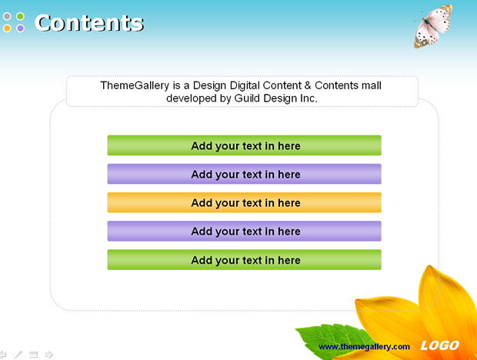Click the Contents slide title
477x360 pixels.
pyautogui.click(x=88, y=23)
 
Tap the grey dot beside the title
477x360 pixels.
pyautogui.click(x=7, y=16)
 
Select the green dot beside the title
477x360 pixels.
pyautogui.click(x=20, y=16)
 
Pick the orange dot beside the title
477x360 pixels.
pyautogui.click(x=7, y=28)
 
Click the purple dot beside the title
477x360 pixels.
pyautogui.click(x=20, y=28)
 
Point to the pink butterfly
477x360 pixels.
pyautogui.click(x=432, y=26)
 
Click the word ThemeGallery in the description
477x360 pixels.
pyautogui.click(x=135, y=85)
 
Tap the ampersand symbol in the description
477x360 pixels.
pyautogui.click(x=308, y=85)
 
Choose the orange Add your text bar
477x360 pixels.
pyautogui.click(x=245, y=202)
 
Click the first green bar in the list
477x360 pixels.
pyautogui.click(x=245, y=145)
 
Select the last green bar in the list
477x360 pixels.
pyautogui.click(x=245, y=260)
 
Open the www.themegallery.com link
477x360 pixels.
pyautogui.click(x=364, y=347)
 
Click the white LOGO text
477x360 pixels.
pyautogui.click(x=439, y=345)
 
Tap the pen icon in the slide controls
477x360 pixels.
pyautogui.click(x=18, y=355)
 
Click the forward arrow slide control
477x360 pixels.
pyautogui.click(x=48, y=355)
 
